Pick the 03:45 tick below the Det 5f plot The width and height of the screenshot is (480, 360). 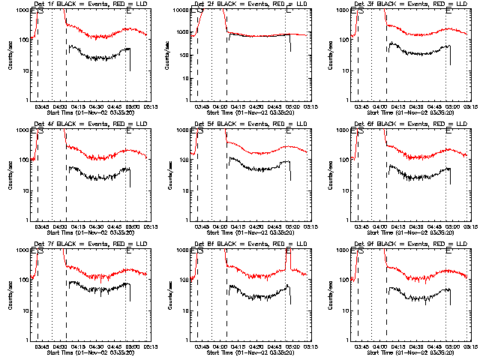204,226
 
